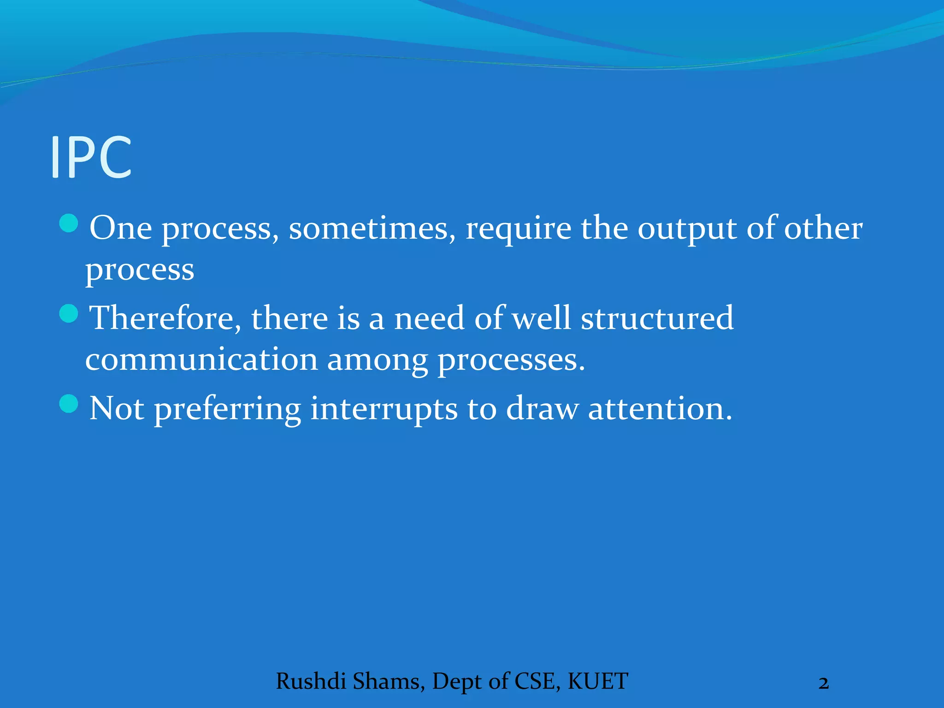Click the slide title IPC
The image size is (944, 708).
click(91, 157)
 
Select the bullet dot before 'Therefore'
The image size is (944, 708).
click(69, 314)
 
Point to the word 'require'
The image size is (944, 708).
click(518, 230)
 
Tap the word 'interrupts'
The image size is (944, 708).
click(383, 409)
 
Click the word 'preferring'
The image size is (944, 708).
click(227, 409)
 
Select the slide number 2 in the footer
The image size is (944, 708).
click(824, 683)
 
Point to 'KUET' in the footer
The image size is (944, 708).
click(598, 681)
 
